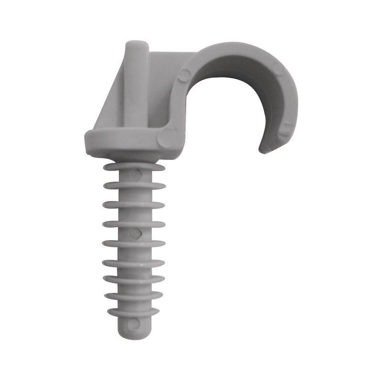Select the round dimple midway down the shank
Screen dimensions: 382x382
(136, 233)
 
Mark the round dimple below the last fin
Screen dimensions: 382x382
(134, 322)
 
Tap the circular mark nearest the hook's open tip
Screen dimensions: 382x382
(285, 128)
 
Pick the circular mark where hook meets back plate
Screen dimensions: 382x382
(185, 74)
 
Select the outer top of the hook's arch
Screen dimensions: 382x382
(234, 45)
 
